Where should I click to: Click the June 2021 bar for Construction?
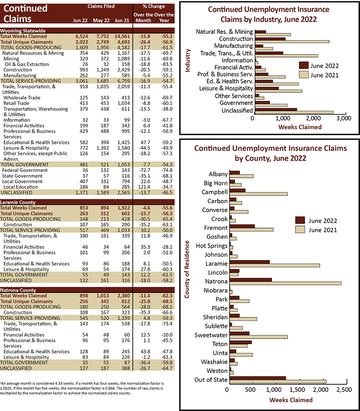292,41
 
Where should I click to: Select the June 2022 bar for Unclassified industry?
276,109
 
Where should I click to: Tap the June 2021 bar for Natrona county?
285,283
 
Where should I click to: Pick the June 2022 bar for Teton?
241,342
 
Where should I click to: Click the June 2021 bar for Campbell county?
258,194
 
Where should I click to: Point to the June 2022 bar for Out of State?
258,378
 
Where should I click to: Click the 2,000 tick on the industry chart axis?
313,118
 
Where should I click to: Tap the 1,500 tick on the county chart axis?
297,390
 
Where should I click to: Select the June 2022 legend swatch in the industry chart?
304,65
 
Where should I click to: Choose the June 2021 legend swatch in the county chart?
300,229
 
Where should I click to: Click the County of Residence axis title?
187,270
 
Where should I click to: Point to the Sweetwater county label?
211,335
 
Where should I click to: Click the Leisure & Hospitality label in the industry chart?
226,88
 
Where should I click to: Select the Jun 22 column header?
80,20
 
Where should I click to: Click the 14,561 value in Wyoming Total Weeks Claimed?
122,36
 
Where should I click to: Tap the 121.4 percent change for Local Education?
144,187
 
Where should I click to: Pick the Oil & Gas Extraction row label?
27,64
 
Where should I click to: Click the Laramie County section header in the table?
17,202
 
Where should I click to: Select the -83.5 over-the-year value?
167,64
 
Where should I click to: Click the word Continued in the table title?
25,8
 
